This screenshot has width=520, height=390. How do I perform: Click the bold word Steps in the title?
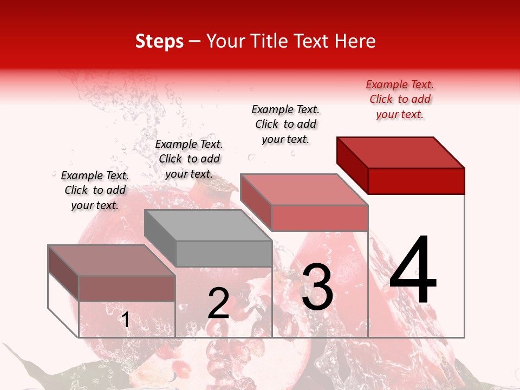point(159,41)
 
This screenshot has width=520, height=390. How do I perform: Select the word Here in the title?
point(355,41)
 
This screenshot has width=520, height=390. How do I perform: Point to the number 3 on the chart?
point(317,287)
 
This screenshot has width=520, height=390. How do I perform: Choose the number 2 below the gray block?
point(218,303)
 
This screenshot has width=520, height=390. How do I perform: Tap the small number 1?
point(125,320)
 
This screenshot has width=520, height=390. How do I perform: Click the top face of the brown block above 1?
point(112,261)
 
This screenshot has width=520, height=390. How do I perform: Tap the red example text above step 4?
point(400,99)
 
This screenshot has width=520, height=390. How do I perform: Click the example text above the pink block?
point(285,124)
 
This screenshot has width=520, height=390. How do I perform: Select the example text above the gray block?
point(189,159)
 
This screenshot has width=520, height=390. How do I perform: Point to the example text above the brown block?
point(95,190)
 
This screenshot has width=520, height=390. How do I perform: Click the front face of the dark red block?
point(416,181)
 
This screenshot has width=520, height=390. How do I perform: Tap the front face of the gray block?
point(224,253)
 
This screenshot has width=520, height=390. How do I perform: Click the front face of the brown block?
point(127,289)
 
